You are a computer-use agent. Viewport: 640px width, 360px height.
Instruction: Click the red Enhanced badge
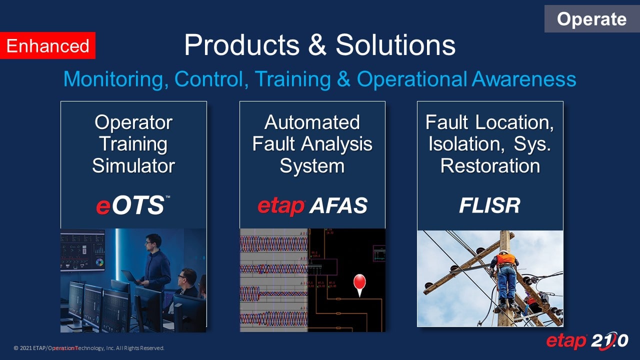tap(47, 46)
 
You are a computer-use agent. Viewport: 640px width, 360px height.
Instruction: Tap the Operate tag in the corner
tap(591, 19)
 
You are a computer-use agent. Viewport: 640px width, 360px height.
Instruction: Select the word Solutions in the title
tap(395, 44)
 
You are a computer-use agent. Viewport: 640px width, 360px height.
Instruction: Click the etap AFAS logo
tap(312, 205)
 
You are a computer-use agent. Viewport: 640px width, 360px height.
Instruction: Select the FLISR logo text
tap(489, 205)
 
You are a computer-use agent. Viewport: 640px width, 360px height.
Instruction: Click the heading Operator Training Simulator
tap(133, 143)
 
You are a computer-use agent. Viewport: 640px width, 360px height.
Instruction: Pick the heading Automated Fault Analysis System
tap(312, 143)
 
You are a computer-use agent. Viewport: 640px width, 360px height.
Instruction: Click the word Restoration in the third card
tap(490, 165)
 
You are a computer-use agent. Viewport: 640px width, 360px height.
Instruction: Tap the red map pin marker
tap(359, 283)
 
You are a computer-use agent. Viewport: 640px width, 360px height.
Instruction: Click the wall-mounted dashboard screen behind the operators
tap(82, 250)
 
